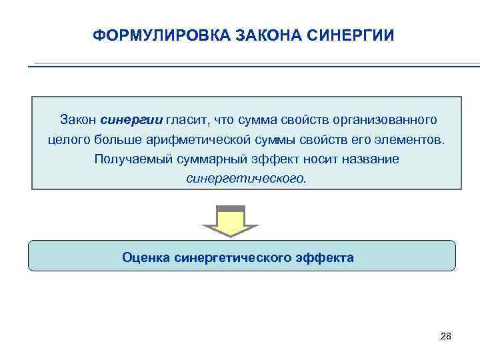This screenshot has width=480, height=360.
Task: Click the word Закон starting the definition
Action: [78, 120]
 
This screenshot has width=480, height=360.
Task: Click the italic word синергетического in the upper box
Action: [247, 179]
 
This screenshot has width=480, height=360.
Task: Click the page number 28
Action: [446, 336]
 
